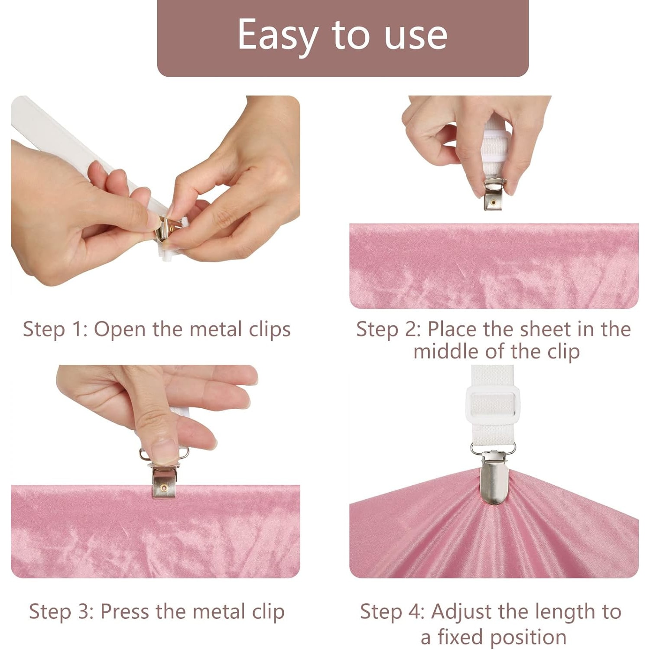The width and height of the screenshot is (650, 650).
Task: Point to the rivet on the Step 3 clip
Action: click(164, 488)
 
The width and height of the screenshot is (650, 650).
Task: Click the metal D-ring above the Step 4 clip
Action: click(493, 448)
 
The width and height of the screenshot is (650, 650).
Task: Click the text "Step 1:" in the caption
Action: click(55, 329)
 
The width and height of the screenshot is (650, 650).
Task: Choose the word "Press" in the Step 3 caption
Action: click(126, 611)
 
